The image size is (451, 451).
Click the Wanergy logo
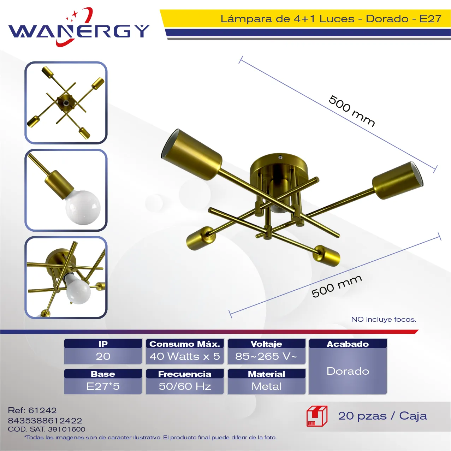79,27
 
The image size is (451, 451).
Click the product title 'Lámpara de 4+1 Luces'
287,19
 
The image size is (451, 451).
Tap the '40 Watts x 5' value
185,356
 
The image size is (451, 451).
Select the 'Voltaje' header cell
266,344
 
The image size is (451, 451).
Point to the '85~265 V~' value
266,356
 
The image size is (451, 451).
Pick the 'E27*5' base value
103,386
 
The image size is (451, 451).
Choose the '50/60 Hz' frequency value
185,386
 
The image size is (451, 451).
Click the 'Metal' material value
266,386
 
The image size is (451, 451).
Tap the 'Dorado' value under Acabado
348,371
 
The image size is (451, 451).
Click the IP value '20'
103,356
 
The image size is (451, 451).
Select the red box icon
317,416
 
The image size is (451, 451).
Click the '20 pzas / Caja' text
382,416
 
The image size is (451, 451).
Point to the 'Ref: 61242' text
32,410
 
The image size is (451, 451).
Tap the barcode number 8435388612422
45,421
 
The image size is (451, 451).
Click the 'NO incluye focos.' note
384,319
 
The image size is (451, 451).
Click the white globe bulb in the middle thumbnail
83,207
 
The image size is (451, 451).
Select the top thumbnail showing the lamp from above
66,103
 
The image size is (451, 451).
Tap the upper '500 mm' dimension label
352,111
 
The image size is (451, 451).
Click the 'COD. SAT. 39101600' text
47,429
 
